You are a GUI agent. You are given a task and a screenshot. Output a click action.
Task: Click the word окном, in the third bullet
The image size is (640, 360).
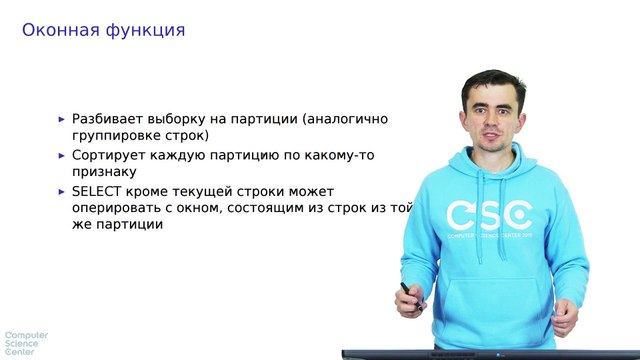pyautogui.click(x=219, y=208)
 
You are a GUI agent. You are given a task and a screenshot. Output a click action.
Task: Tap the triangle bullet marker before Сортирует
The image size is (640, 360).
pyautogui.click(x=62, y=155)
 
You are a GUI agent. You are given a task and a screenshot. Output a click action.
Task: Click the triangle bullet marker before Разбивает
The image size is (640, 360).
pyautogui.click(x=62, y=119)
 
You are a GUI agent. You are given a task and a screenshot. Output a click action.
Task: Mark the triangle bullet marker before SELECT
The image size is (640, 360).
pyautogui.click(x=62, y=191)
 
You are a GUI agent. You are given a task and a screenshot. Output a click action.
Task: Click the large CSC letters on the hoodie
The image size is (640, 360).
pyautogui.click(x=488, y=215)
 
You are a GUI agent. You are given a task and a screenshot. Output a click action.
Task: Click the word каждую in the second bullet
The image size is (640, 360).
pyautogui.click(x=182, y=155)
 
